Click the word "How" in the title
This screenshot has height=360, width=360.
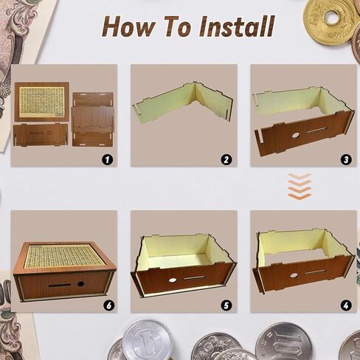click(x=129, y=27)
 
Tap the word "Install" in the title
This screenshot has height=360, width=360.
click(x=237, y=26)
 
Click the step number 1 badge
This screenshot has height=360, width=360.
click(x=107, y=160)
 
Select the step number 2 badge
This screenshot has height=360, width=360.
click(x=226, y=160)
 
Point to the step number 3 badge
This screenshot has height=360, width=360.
click(x=346, y=160)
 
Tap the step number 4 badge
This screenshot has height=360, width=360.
click(x=346, y=305)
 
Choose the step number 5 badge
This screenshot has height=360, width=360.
click(x=226, y=305)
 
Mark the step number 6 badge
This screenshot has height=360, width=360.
click(x=108, y=305)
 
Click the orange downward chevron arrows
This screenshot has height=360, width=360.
click(x=300, y=186)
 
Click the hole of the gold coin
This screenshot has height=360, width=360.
click(x=333, y=18)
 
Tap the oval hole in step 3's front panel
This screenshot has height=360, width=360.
click(x=296, y=135)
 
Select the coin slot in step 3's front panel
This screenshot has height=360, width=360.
click(x=317, y=130)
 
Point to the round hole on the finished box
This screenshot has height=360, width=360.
click(x=80, y=284)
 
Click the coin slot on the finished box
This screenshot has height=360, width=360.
click(x=60, y=285)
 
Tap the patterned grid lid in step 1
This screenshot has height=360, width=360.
click(x=41, y=102)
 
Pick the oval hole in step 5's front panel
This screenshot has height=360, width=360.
click(x=172, y=280)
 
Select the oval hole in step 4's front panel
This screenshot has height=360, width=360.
click(x=293, y=275)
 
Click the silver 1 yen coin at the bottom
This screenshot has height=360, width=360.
click(x=147, y=340)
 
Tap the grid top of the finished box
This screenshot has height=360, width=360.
click(x=62, y=256)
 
